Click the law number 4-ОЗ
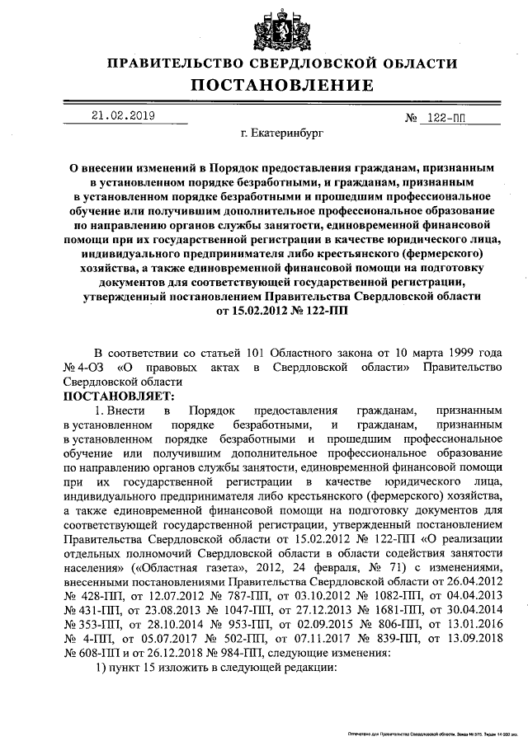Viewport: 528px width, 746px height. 89,368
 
